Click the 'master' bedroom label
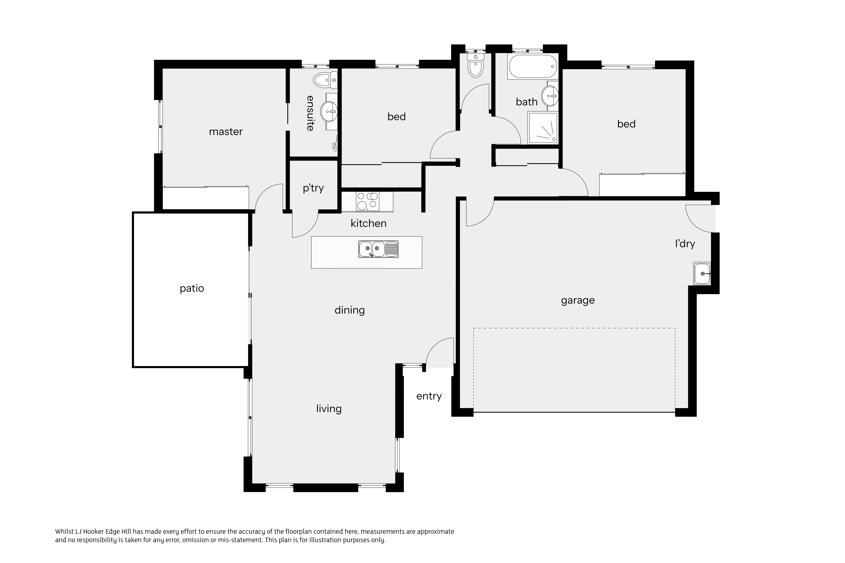[x=226, y=132]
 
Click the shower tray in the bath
[x=542, y=128]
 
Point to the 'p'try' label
[x=313, y=188]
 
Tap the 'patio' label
[x=192, y=288]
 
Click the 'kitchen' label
[x=369, y=223]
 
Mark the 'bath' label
[x=527, y=102]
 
